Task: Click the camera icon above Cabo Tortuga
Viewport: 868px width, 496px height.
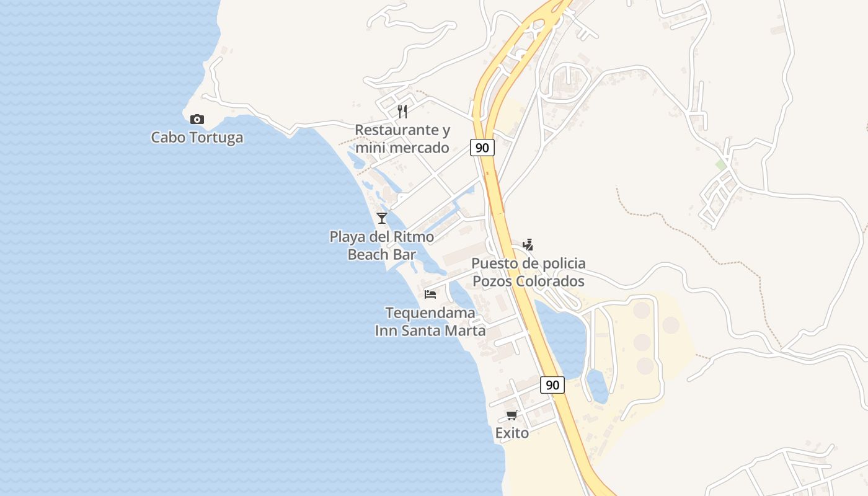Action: click(197, 119)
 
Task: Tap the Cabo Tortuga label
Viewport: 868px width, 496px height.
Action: click(197, 137)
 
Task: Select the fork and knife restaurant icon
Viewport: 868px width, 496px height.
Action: click(402, 112)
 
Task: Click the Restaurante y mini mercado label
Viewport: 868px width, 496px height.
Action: click(402, 139)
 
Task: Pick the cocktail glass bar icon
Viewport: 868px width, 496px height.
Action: click(382, 218)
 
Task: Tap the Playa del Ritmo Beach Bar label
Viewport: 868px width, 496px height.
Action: click(382, 246)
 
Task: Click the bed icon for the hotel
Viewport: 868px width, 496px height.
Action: click(430, 294)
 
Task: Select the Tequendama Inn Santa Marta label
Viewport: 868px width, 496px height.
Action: click(430, 321)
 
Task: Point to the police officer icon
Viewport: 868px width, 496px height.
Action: click(528, 245)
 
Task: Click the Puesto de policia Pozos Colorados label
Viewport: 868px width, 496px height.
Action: click(528, 272)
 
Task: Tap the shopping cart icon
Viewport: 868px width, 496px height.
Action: click(512, 415)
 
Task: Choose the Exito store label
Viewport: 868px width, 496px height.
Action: click(512, 433)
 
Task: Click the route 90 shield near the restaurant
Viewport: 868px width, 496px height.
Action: click(482, 148)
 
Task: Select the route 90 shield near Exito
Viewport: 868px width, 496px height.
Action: click(552, 385)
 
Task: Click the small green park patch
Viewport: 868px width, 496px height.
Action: click(720, 165)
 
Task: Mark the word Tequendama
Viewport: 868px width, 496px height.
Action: click(430, 312)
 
